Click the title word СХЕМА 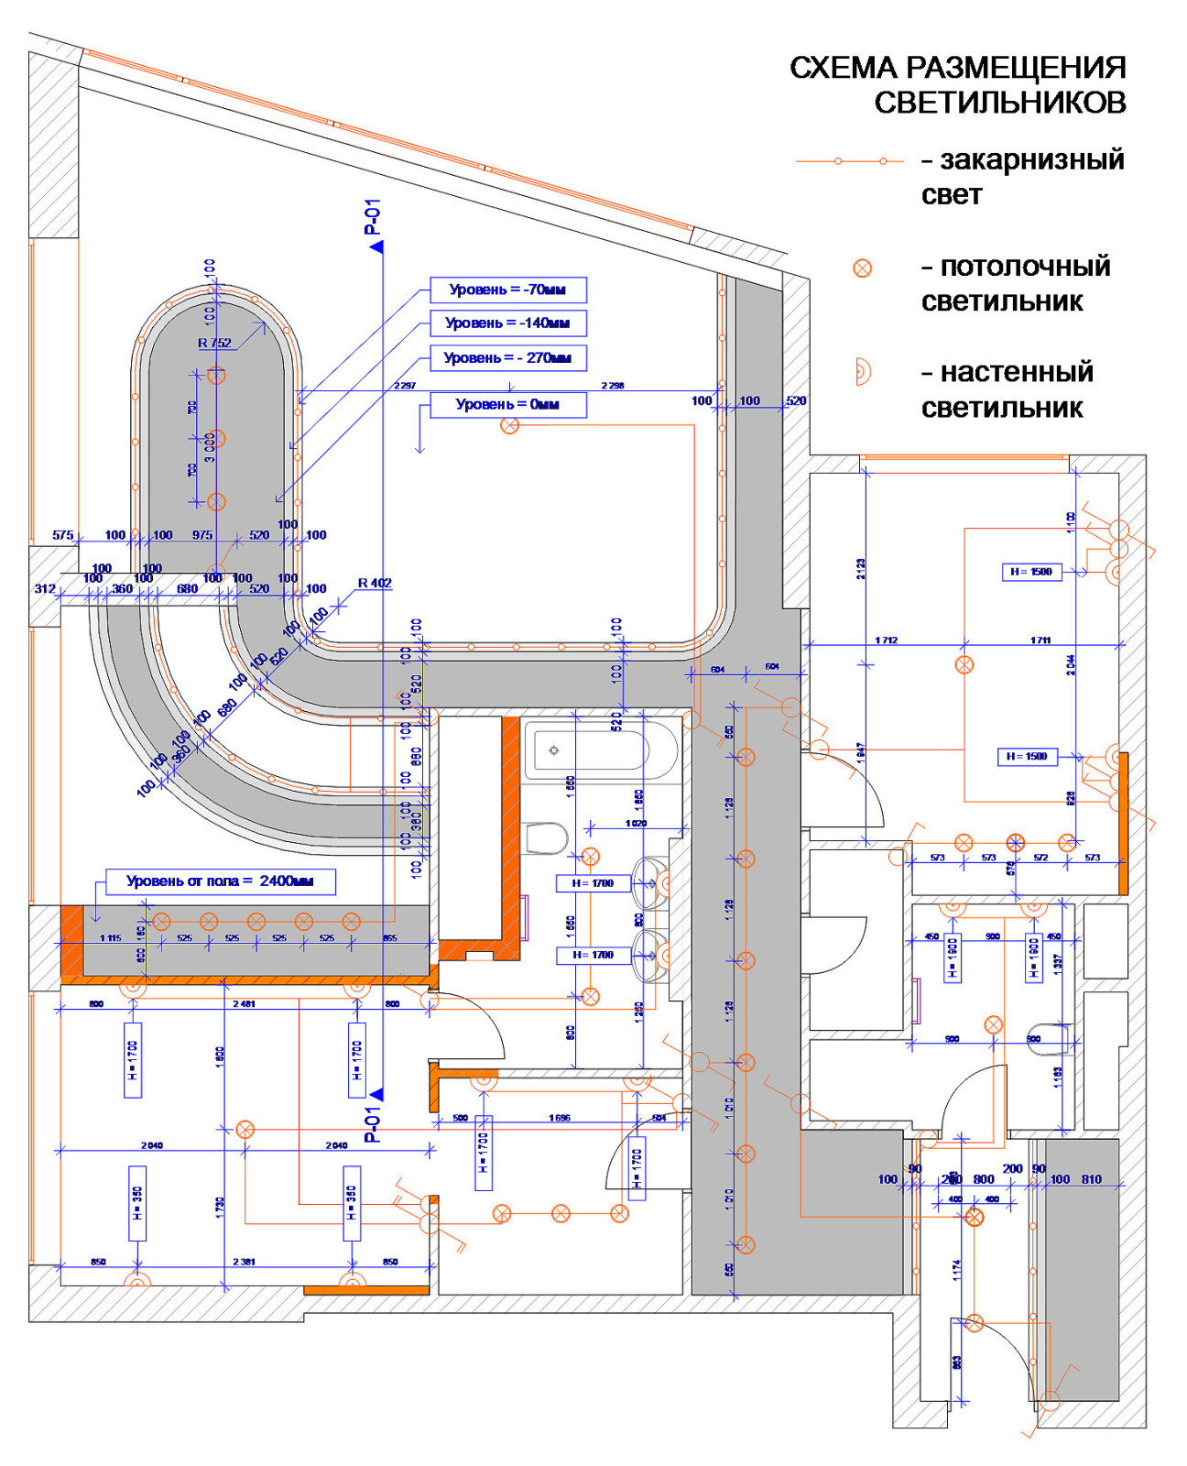point(843,68)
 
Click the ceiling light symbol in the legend point(862,268)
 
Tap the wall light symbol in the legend point(862,372)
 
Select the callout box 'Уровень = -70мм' point(507,290)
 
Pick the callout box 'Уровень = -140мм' point(507,323)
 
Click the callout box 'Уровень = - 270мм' point(507,357)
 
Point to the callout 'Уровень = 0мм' point(507,404)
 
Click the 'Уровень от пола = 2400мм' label point(220,881)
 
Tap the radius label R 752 point(215,343)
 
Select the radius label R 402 point(375,583)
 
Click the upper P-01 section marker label point(372,217)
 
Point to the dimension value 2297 point(405,386)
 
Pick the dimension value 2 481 point(244,1004)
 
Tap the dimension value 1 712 point(886,640)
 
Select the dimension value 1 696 point(560,1118)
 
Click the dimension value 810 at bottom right point(1092,1179)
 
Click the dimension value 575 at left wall point(62,535)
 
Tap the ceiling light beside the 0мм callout point(510,425)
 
